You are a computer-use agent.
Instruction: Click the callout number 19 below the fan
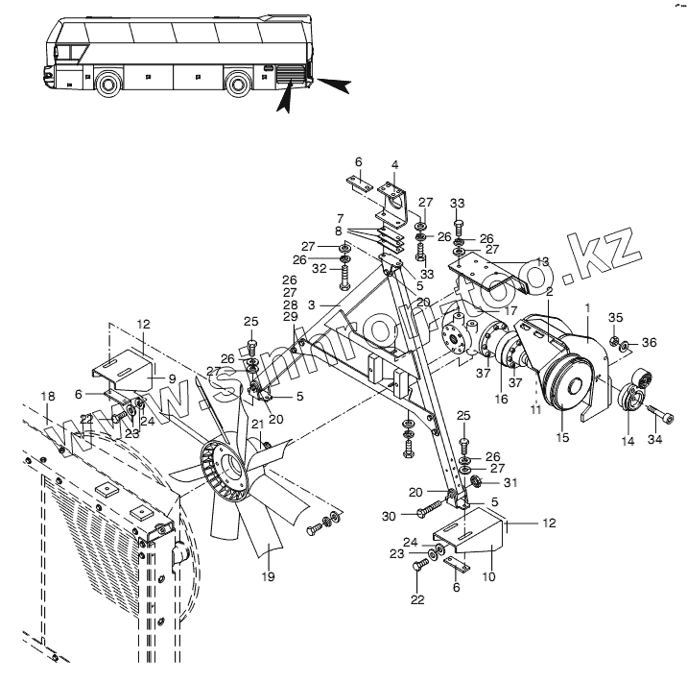pyautogui.click(x=268, y=576)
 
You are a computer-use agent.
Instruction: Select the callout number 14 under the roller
pyautogui.click(x=628, y=441)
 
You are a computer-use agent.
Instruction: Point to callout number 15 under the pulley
pyautogui.click(x=562, y=437)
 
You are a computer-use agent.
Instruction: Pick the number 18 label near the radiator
pyautogui.click(x=47, y=395)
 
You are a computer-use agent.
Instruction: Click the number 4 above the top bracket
pyautogui.click(x=394, y=165)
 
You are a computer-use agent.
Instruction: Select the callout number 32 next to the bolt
pyautogui.click(x=319, y=270)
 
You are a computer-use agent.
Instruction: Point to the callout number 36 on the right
pyautogui.click(x=649, y=342)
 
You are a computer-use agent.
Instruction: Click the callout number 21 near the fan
pyautogui.click(x=257, y=425)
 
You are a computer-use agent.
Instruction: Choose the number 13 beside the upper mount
pyautogui.click(x=542, y=262)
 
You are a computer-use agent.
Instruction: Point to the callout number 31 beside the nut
pyautogui.click(x=509, y=481)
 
